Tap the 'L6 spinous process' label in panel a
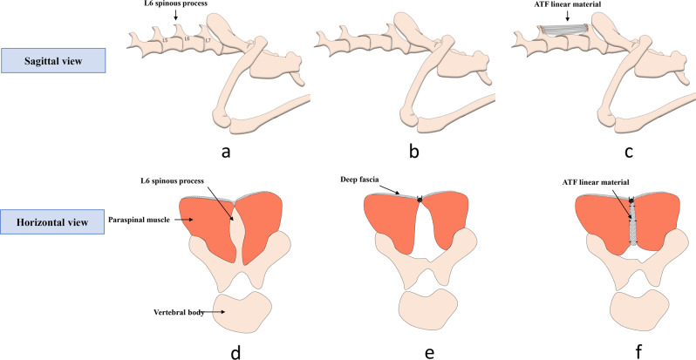pyautogui.click(x=174, y=7)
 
